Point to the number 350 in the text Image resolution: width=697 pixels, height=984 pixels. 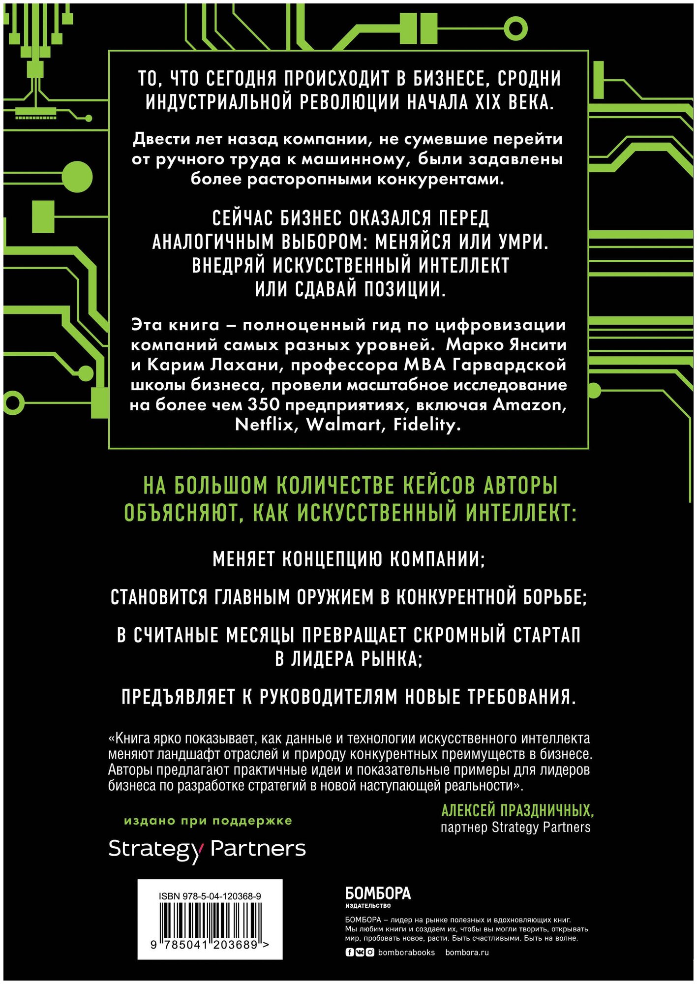tap(263, 405)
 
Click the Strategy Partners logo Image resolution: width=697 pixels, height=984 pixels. tap(207, 849)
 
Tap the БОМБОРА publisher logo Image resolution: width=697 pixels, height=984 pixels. tap(377, 894)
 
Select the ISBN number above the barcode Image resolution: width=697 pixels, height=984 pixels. tap(210, 896)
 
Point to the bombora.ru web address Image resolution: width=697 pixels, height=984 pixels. tap(467, 952)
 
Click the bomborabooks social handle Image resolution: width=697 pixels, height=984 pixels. tap(406, 952)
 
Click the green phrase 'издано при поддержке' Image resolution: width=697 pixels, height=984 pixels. tap(208, 821)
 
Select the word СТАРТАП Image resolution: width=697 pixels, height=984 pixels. tap(547, 635)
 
